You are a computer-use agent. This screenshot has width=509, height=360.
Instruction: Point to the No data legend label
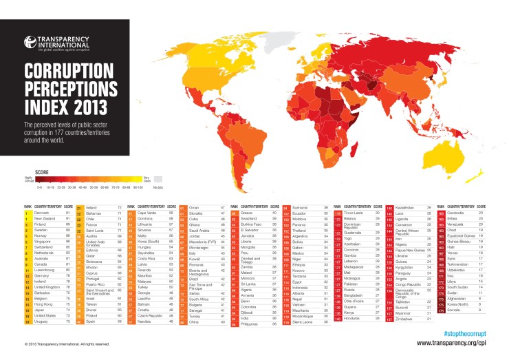point(158,186)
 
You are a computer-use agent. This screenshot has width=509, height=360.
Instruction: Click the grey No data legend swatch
point(158,178)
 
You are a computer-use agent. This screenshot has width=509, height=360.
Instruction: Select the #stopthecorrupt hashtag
point(473,332)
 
